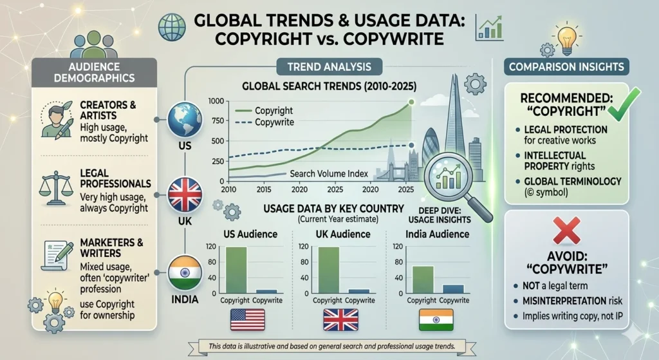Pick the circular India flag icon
[x=184, y=273]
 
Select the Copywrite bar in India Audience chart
[x=453, y=289]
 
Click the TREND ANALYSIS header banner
[x=329, y=66]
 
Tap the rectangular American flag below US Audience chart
[x=248, y=319]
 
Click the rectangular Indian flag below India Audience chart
[x=436, y=319]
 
